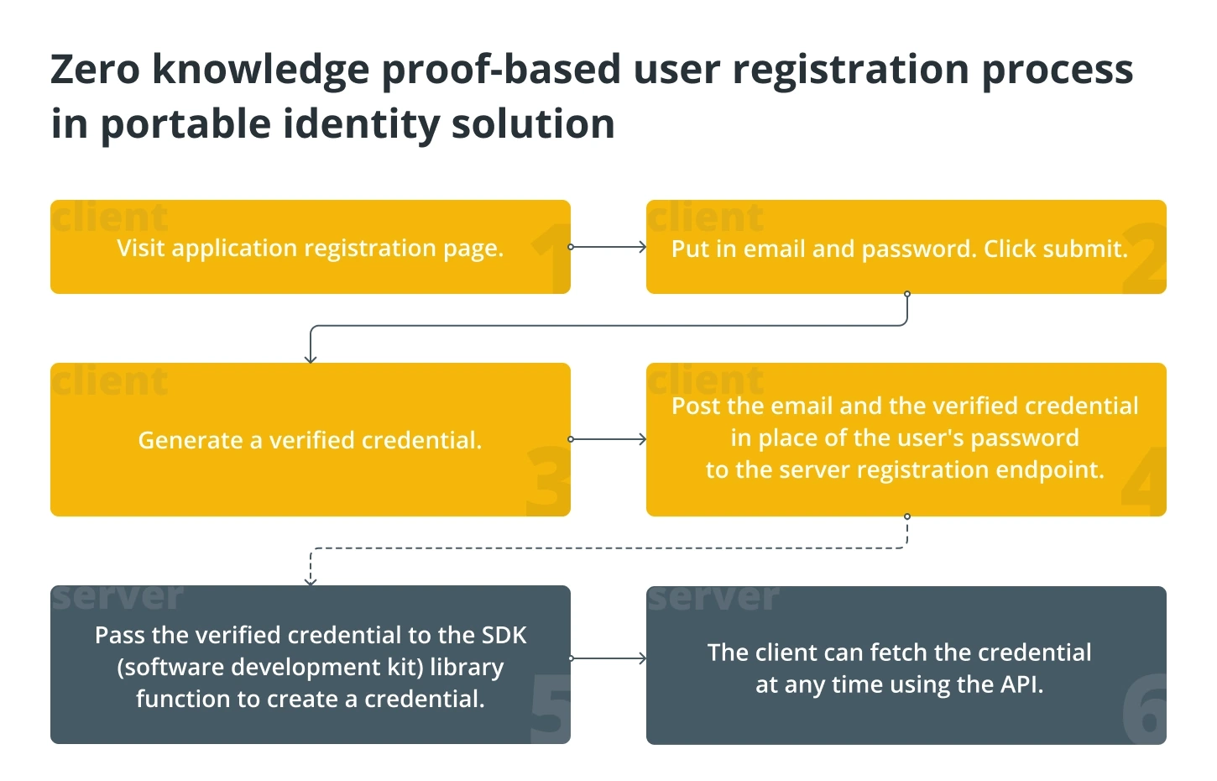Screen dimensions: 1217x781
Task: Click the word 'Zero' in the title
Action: point(95,69)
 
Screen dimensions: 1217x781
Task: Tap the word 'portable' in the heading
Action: point(185,125)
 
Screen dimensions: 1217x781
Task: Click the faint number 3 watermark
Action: point(549,481)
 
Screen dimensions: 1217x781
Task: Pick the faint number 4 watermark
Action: point(1143,481)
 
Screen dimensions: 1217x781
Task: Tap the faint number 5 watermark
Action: point(550,709)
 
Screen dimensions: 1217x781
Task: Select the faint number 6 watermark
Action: point(1144,709)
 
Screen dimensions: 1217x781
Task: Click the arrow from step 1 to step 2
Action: point(608,247)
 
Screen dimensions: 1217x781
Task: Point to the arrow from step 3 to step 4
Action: point(608,439)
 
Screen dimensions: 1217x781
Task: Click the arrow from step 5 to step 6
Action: point(608,658)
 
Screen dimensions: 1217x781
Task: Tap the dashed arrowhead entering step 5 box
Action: point(311,582)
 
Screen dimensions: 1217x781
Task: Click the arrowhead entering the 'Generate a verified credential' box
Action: point(311,359)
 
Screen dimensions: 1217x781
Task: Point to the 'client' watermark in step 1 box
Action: point(110,217)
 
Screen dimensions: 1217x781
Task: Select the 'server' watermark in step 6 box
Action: point(713,598)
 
